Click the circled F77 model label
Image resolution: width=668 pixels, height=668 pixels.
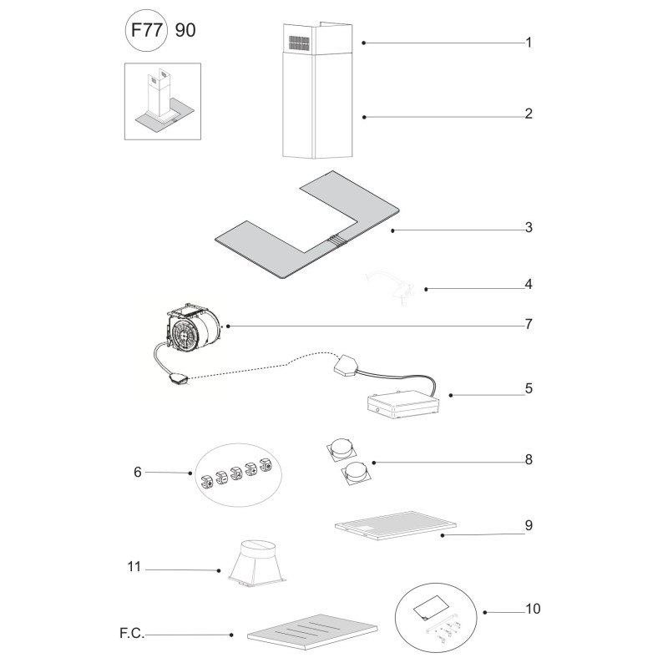tap(145, 31)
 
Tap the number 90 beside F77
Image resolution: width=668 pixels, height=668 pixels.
tap(185, 30)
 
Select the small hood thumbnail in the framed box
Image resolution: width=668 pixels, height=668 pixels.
tap(162, 101)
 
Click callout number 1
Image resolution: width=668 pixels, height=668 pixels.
tap(529, 43)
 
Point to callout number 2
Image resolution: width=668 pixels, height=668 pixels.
tap(529, 114)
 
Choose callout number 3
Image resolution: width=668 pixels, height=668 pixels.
tap(529, 227)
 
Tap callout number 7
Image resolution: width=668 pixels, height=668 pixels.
tap(529, 324)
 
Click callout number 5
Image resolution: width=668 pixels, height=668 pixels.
tap(529, 388)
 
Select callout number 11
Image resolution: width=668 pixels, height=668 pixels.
tap(134, 567)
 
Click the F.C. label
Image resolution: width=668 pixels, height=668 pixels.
tap(132, 634)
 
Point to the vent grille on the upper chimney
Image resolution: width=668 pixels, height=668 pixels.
tap(299, 43)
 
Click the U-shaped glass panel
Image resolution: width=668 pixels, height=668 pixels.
tap(307, 225)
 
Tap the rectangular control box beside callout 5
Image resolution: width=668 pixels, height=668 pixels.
tap(402, 405)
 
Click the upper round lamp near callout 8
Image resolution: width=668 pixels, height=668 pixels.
tap(341, 450)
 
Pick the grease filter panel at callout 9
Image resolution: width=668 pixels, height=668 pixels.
tap(395, 526)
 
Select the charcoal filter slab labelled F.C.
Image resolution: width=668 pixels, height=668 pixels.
tap(312, 632)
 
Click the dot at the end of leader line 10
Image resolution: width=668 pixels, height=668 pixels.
tap(485, 613)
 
